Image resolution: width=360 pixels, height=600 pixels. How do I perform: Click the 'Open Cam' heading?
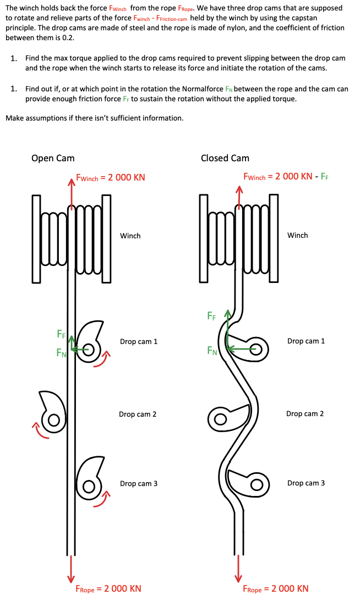(x=53, y=158)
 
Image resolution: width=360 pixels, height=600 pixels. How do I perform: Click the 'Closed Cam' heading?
(x=225, y=158)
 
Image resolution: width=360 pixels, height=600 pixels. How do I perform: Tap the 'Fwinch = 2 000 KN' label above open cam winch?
(x=110, y=177)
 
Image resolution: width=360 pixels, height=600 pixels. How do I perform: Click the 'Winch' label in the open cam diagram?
(x=130, y=236)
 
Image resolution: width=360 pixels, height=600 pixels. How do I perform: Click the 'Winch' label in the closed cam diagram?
(x=297, y=235)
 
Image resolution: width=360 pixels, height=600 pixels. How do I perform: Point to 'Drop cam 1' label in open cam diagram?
(x=139, y=341)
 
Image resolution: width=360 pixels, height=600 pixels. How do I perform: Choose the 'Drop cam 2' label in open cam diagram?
(x=138, y=414)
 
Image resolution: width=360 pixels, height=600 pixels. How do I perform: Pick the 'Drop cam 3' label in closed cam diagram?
(x=306, y=483)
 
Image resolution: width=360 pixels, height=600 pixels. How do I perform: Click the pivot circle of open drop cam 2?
(x=54, y=419)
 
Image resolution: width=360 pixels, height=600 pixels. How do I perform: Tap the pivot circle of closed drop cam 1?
(x=255, y=348)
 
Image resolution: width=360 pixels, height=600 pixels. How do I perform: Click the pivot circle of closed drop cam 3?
(x=255, y=484)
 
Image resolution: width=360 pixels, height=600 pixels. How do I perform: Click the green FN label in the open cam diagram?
(x=61, y=353)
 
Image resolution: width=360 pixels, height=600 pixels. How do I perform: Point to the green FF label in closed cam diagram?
(x=211, y=315)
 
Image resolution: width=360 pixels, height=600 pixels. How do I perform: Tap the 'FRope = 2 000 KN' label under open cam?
(x=108, y=588)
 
